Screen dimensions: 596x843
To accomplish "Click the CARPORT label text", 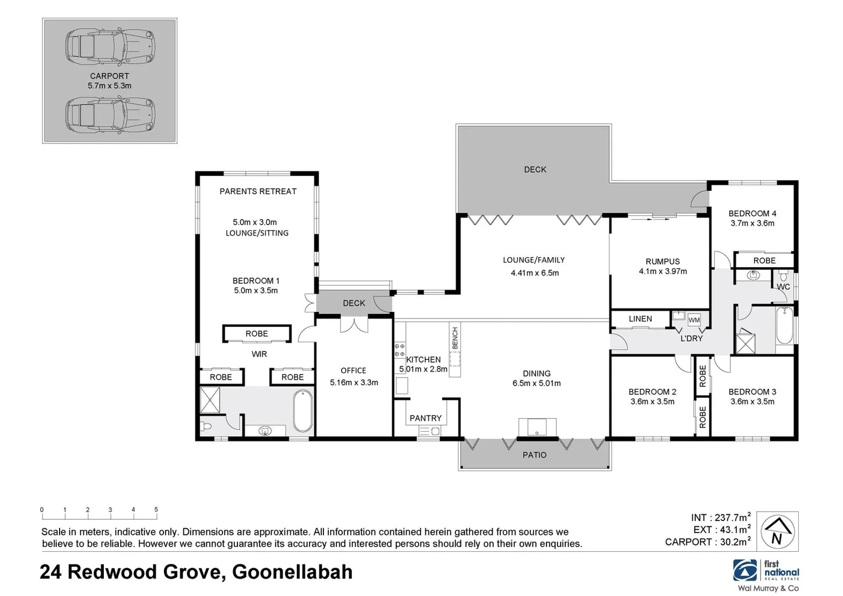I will (x=109, y=76).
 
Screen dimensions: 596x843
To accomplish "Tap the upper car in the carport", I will (x=110, y=46).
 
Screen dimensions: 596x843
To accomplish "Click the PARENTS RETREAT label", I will (x=258, y=191).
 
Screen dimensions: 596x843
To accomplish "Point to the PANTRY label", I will (x=425, y=418).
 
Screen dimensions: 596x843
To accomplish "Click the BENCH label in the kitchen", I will (x=455, y=337).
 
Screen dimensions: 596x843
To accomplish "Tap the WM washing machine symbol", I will (x=694, y=320).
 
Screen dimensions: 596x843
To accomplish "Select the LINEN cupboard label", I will (x=640, y=319).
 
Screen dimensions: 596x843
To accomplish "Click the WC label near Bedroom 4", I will (x=783, y=287).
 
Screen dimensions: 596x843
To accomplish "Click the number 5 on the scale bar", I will (x=156, y=510).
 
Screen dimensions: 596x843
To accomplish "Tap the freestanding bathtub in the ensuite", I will (x=303, y=411).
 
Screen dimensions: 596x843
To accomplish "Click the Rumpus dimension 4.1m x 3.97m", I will (x=662, y=272).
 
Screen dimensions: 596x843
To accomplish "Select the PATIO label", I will (x=534, y=455).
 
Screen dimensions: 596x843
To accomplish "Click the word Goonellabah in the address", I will (x=292, y=572).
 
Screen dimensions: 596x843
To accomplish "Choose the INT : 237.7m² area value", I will (x=720, y=518).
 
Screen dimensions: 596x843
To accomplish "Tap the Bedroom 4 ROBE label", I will (x=764, y=260).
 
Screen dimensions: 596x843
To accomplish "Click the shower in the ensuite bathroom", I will (x=210, y=400).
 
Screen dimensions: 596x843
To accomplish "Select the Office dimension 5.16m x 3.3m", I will (x=354, y=382).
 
